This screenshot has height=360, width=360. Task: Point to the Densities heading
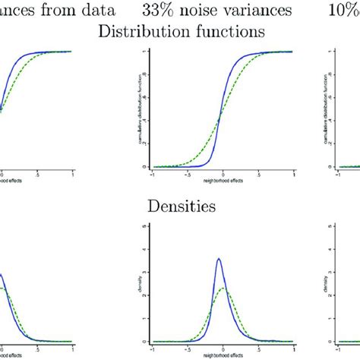click(x=180, y=205)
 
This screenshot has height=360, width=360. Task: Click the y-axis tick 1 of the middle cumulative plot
click(x=145, y=51)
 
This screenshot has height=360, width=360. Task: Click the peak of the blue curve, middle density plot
click(x=219, y=259)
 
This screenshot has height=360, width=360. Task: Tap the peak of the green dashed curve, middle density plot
click(x=223, y=288)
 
